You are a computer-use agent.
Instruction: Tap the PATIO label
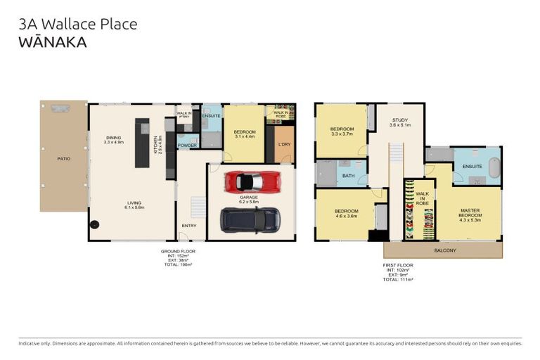63,159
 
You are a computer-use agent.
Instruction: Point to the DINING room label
113,139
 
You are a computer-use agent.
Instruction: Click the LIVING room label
134,205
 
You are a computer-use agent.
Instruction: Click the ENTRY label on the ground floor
189,226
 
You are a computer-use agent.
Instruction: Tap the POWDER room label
187,146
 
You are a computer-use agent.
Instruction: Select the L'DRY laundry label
284,144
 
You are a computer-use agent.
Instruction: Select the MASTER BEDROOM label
470,212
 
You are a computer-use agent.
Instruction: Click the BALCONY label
444,250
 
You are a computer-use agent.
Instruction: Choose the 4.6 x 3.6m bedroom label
347,214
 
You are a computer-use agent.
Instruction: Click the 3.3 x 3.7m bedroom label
341,131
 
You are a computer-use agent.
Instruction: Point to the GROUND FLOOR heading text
178,250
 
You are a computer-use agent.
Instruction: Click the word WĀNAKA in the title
53,42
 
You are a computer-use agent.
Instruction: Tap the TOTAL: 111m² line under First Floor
398,279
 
